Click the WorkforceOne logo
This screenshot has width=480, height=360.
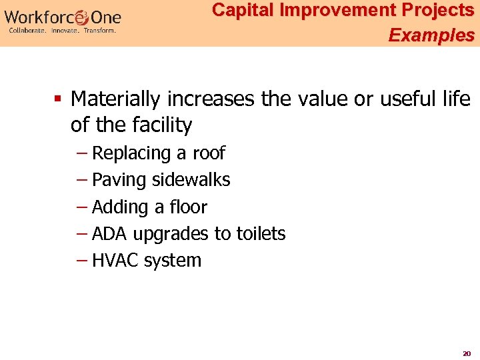tap(63, 16)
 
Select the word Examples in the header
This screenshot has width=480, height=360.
tap(431, 35)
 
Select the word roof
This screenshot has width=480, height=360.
tap(209, 153)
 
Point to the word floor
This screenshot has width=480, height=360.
tap(189, 207)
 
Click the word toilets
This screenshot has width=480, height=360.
tap(259, 234)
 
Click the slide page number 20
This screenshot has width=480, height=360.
tap(467, 353)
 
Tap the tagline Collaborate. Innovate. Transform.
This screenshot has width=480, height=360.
tap(63, 31)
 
